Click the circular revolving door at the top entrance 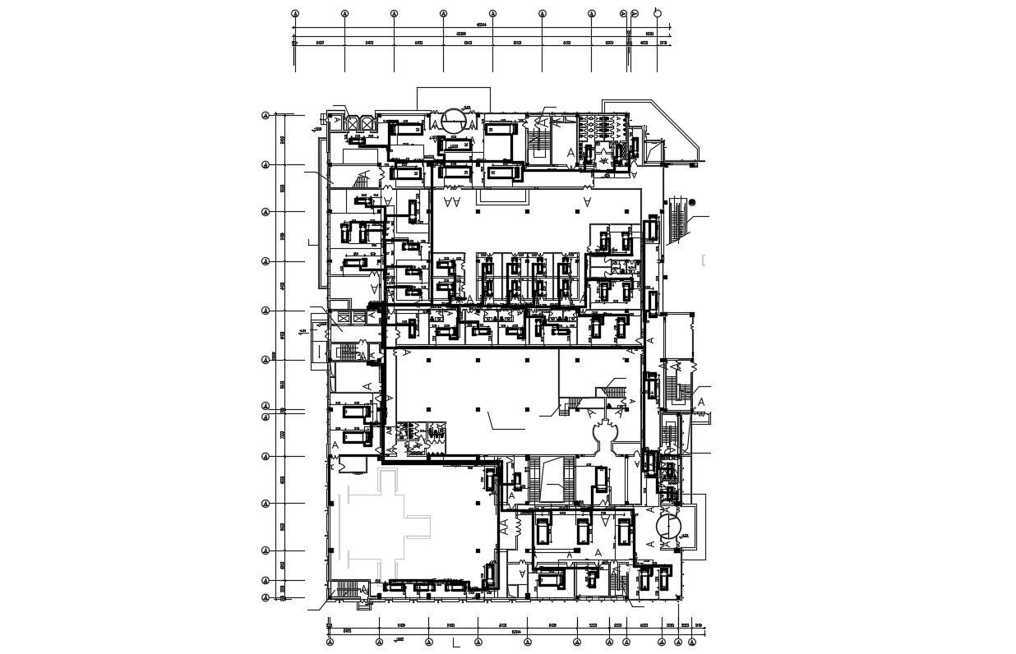(454, 121)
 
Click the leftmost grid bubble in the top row (295, 14)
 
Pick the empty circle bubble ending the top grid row (657, 13)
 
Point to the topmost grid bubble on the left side (266, 116)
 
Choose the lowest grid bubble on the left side (266, 597)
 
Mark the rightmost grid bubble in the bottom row (680, 642)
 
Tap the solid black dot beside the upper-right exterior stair (692, 202)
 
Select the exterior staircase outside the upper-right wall (677, 220)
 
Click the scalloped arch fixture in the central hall (607, 434)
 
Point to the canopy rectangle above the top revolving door (454, 97)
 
